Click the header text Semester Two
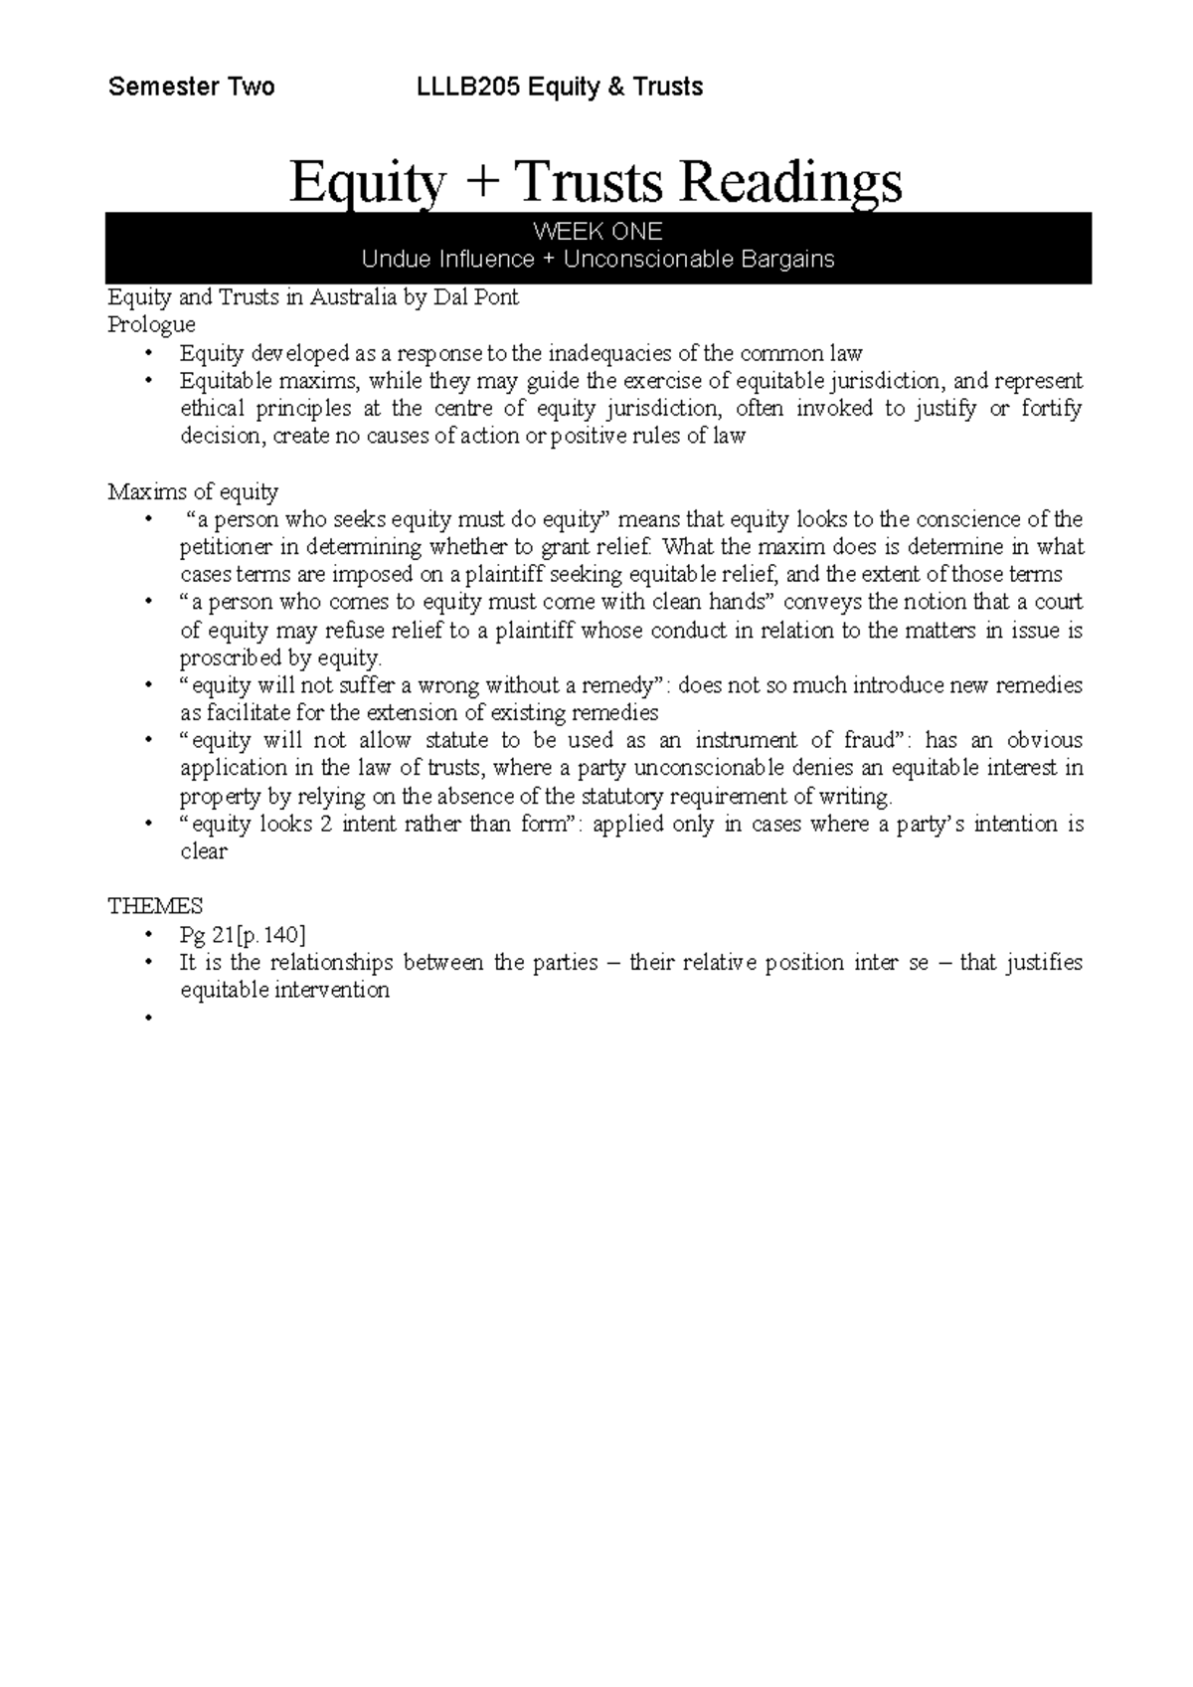point(191,88)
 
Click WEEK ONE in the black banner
point(597,232)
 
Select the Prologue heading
point(151,325)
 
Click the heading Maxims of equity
point(193,491)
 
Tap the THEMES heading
point(154,906)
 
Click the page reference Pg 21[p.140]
point(243,934)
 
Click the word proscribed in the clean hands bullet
point(231,658)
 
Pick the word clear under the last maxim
point(203,851)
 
